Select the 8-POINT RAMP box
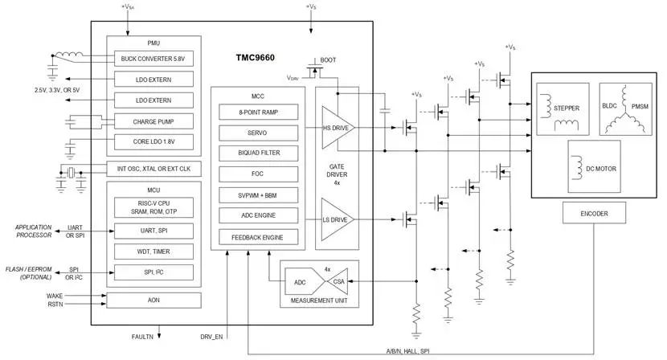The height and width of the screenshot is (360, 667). [259, 112]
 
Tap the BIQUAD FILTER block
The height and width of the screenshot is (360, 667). [259, 153]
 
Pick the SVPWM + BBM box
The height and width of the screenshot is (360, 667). [259, 194]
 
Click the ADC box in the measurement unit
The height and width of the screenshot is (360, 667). [301, 282]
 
